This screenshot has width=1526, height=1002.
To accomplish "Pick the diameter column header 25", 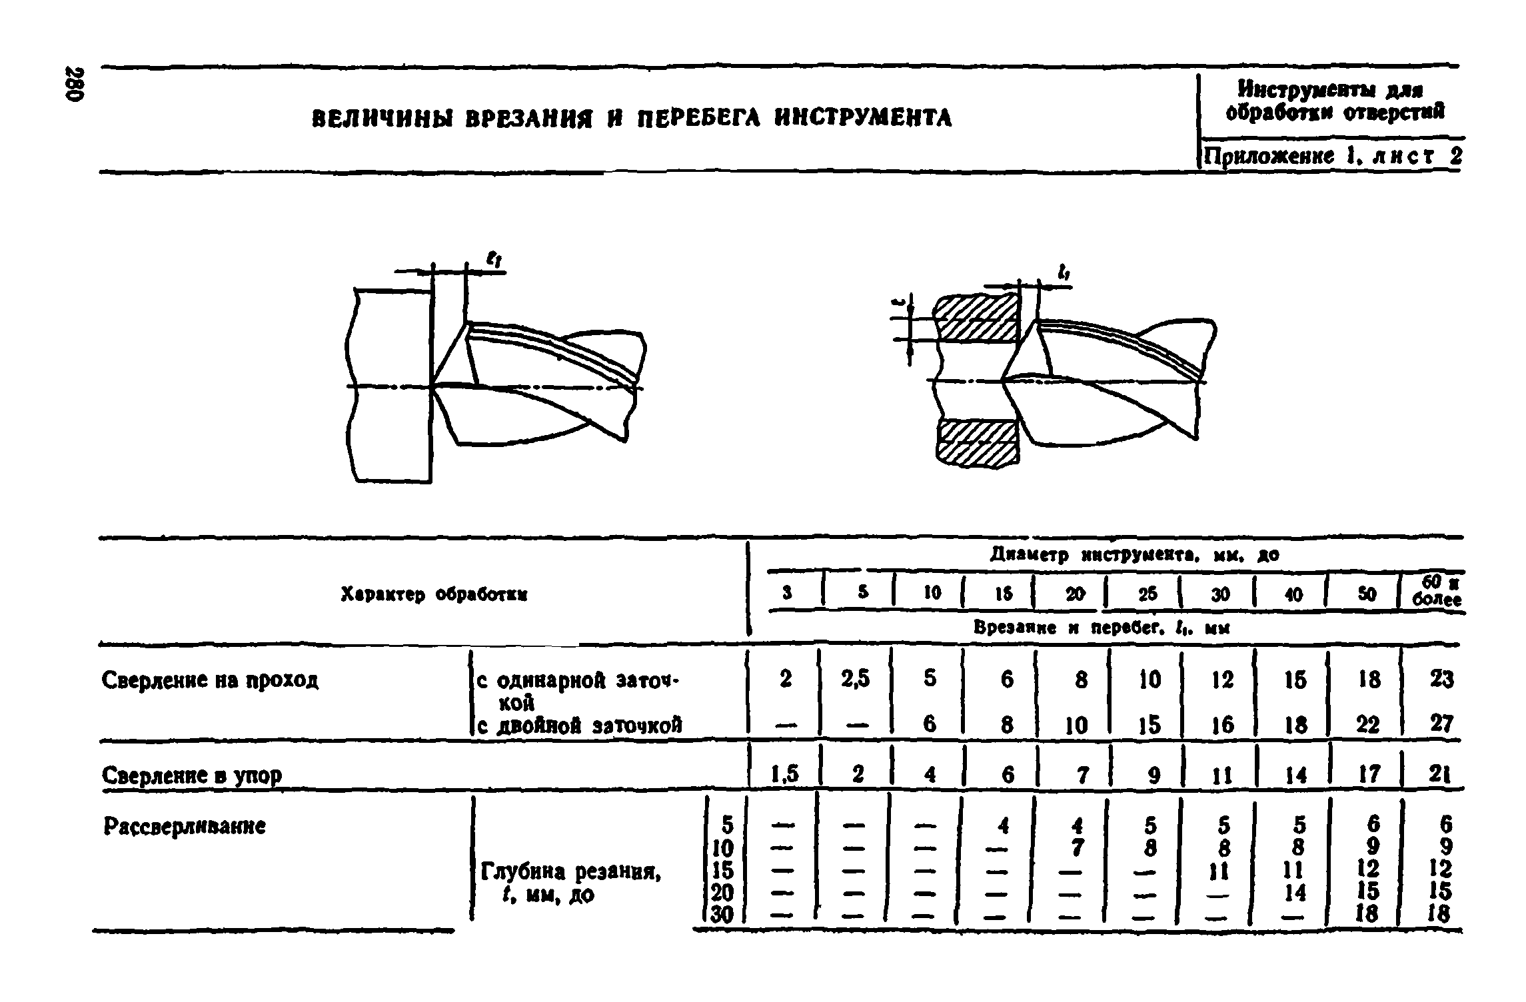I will (x=1147, y=594).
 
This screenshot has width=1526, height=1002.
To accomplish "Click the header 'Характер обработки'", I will (x=434, y=595).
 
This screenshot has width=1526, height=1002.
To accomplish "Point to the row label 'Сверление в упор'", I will (x=191, y=775).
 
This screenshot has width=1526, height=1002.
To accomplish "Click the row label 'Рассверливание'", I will (x=185, y=827).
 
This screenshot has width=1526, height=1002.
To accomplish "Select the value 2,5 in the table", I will (x=855, y=679).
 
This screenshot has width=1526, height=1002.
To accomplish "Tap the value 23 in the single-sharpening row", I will (x=1440, y=679).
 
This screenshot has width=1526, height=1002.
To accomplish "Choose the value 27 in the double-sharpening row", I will (x=1440, y=724).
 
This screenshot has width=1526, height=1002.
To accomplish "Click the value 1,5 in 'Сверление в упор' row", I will (x=784, y=773).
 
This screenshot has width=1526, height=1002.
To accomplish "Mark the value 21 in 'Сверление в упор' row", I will (x=1440, y=773).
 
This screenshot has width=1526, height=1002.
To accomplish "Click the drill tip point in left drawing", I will (x=433, y=386).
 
